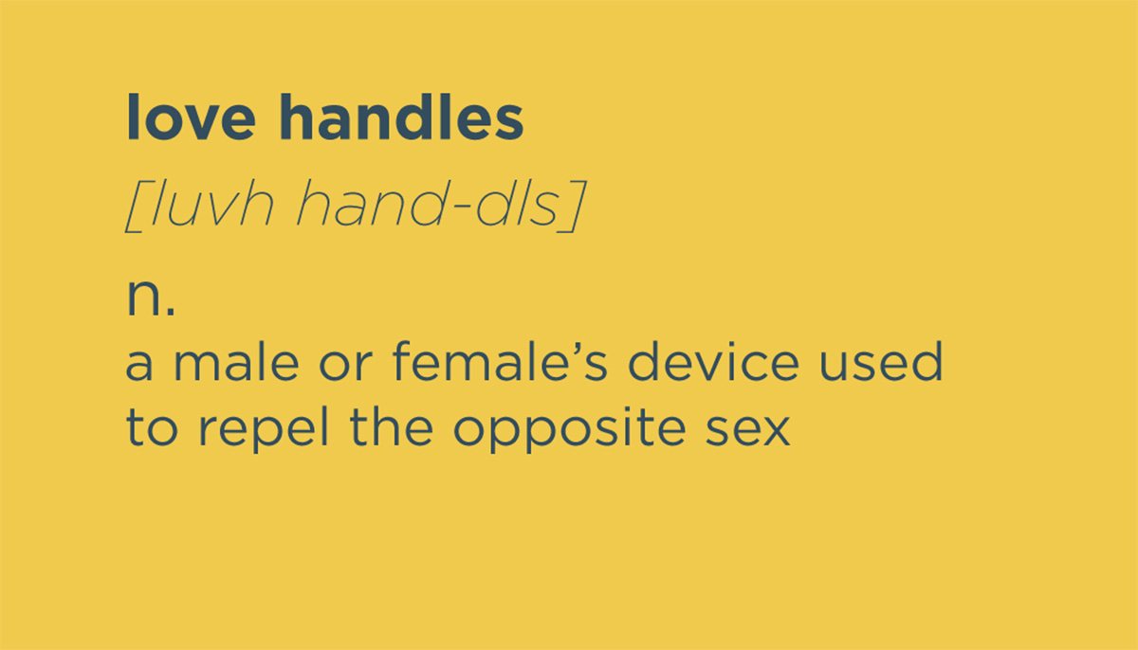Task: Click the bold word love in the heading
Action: point(191,117)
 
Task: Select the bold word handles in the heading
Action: point(402,117)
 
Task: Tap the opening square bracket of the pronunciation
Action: point(137,207)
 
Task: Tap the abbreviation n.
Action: point(151,298)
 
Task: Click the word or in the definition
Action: point(346,366)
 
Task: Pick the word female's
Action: point(500,361)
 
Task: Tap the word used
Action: point(881,361)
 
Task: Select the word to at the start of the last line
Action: point(152,427)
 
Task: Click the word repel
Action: point(264,430)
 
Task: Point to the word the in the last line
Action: point(391,426)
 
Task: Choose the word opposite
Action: point(570,430)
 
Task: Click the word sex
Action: point(748,431)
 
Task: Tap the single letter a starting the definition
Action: point(138,366)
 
